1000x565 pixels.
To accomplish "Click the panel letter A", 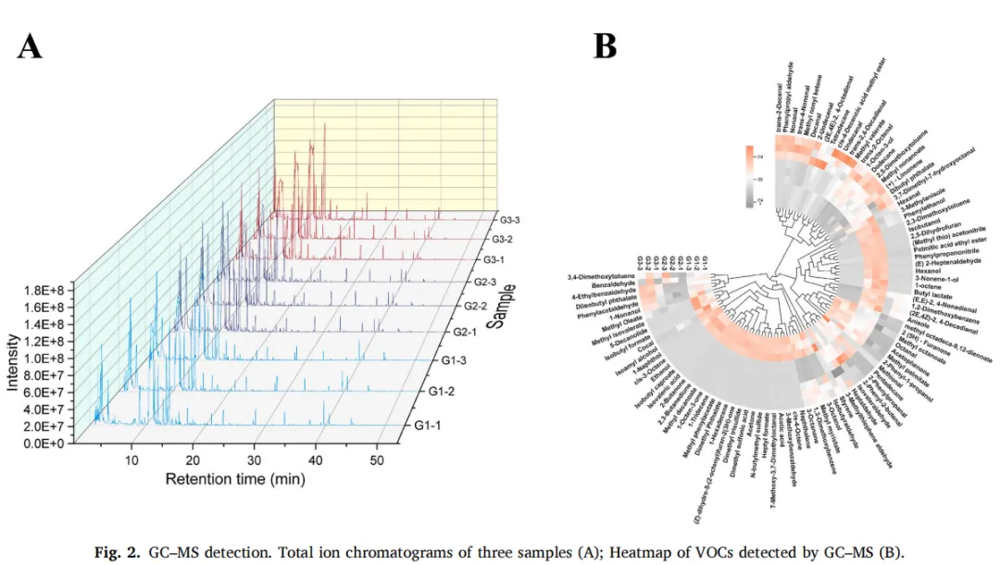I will pos(30,44).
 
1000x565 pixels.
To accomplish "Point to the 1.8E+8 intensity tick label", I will pos(59,289).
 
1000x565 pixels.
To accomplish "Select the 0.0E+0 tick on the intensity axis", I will pos(59,444).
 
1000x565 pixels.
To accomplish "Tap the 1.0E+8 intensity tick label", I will pos(59,358).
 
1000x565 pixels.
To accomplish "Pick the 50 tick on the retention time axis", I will pos(377,459).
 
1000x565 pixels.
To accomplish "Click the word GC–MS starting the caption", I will pos(170,553).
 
